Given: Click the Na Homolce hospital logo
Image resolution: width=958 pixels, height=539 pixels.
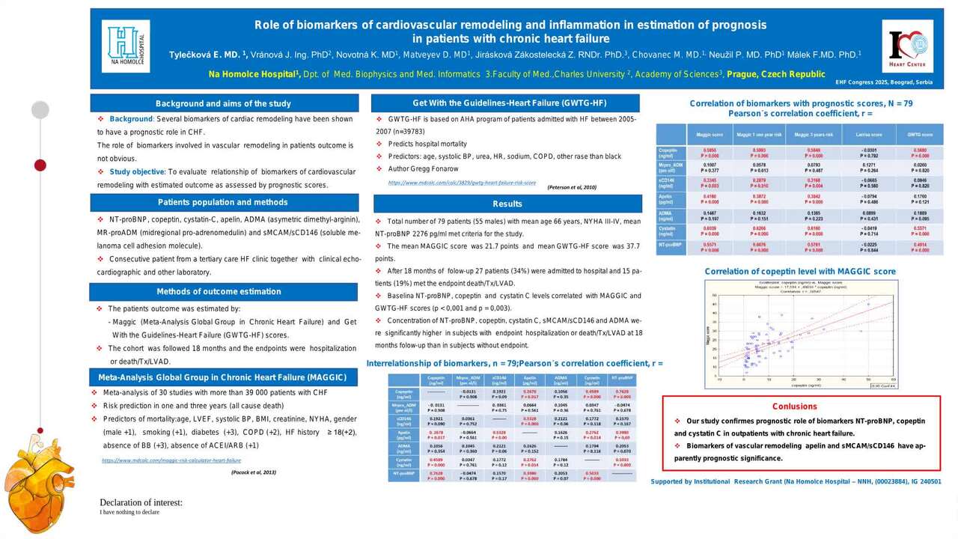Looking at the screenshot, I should pyautogui.click(x=125, y=46).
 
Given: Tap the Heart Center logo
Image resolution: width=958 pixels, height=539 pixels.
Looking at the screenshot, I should pyautogui.click(x=907, y=46).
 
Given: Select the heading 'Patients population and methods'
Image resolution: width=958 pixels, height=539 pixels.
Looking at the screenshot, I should pyautogui.click(x=223, y=202).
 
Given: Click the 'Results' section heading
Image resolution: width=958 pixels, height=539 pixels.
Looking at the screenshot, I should pyautogui.click(x=507, y=204).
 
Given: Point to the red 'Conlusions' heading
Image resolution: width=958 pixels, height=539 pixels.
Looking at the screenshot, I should pyautogui.click(x=794, y=406).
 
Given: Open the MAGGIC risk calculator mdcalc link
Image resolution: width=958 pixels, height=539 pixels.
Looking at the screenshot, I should pyautogui.click(x=171, y=460).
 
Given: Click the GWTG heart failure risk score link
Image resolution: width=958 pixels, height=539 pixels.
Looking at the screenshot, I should pyautogui.click(x=462, y=182).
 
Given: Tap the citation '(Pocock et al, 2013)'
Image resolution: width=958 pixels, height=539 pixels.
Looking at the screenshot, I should pyautogui.click(x=254, y=472).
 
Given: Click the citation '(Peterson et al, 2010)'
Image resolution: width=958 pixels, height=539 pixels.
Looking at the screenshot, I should pyautogui.click(x=572, y=186).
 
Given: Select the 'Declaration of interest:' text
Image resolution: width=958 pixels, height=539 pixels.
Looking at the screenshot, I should pyautogui.click(x=141, y=502).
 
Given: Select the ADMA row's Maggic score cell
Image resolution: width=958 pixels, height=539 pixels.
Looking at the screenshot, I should pyautogui.click(x=710, y=216).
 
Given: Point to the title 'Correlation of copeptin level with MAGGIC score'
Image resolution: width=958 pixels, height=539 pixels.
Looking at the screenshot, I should pyautogui.click(x=800, y=271).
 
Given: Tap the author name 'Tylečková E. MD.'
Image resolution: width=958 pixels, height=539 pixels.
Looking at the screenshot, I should pyautogui.click(x=201, y=55).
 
